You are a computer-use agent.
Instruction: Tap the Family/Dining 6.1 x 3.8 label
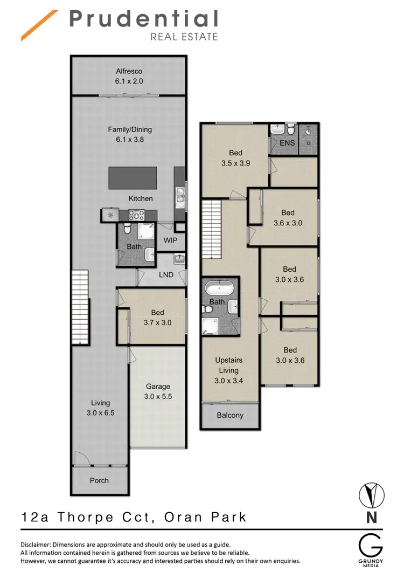click(x=130, y=134)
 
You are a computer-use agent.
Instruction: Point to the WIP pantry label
click(x=170, y=240)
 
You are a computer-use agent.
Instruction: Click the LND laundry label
click(x=166, y=275)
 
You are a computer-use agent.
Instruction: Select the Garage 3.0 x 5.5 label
click(x=158, y=391)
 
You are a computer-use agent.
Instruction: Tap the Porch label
click(x=99, y=480)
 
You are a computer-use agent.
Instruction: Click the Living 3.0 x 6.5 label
click(x=100, y=408)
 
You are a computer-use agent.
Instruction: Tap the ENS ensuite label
click(x=287, y=143)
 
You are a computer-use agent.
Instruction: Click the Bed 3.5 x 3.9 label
click(x=235, y=157)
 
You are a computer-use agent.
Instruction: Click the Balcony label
click(x=230, y=416)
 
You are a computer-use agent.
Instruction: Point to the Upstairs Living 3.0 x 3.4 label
click(x=229, y=370)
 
